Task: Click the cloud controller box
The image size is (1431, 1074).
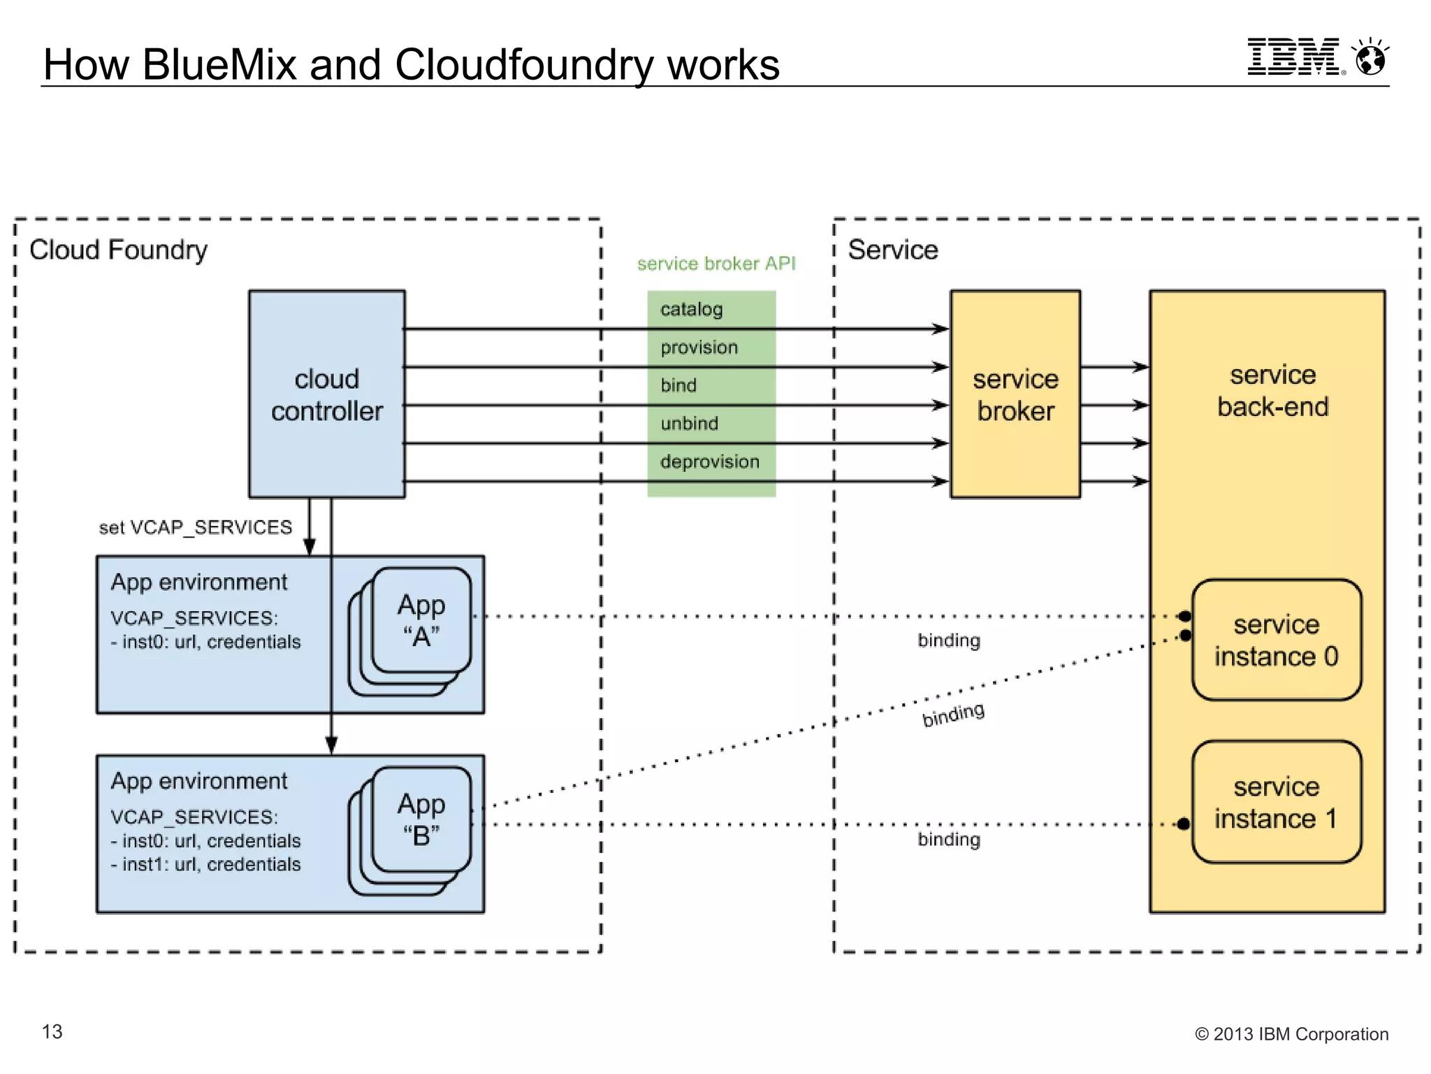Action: [326, 394]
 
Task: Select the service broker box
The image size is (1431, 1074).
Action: [1015, 394]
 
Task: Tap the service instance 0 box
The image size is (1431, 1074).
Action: [1276, 640]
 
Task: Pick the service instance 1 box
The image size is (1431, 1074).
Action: [1276, 802]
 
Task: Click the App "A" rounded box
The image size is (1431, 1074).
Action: [421, 620]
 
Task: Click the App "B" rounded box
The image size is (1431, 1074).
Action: [421, 819]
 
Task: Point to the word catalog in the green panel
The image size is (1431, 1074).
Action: [691, 309]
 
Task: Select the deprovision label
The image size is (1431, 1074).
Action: [709, 461]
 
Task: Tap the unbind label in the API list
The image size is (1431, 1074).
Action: [689, 424]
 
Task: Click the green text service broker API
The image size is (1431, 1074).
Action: [715, 264]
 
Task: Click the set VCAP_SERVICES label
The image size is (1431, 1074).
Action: [195, 527]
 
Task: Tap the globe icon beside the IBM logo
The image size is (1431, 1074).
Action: [1370, 58]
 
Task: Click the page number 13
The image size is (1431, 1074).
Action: [52, 1031]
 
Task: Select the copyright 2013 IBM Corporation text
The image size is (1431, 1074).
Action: [1291, 1034]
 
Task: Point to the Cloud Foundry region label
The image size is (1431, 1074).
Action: [118, 250]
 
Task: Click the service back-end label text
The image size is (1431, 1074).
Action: [1272, 391]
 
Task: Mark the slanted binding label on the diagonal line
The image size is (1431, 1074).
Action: [953, 715]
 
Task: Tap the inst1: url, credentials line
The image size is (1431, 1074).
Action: [205, 865]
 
